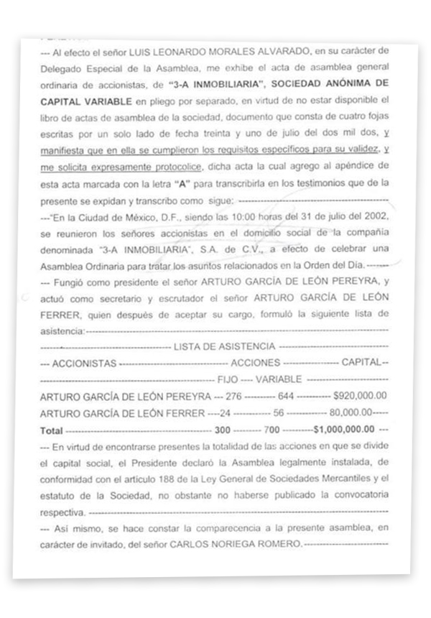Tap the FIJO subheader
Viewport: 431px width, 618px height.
pos(227,378)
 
